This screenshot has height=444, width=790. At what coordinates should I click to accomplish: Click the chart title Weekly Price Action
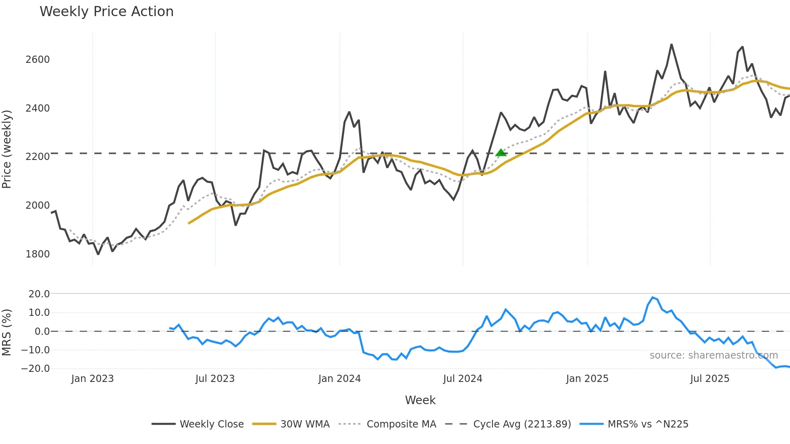(x=106, y=12)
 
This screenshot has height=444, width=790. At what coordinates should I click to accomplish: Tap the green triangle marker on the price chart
(x=501, y=153)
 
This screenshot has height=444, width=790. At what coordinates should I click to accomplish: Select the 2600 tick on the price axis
(x=37, y=60)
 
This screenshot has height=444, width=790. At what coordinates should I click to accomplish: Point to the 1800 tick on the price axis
(x=37, y=254)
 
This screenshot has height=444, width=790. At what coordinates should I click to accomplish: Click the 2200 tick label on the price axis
(x=37, y=157)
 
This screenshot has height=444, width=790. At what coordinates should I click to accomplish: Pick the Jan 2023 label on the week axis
(x=92, y=379)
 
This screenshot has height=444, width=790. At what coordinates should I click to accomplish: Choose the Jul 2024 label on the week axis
(x=462, y=379)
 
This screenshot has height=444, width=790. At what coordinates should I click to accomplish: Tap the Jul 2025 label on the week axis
(x=709, y=379)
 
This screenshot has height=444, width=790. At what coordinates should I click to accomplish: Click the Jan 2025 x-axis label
(x=587, y=379)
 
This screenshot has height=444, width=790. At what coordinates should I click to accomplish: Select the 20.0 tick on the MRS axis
(x=39, y=294)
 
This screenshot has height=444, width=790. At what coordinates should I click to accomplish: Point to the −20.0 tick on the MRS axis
(x=35, y=369)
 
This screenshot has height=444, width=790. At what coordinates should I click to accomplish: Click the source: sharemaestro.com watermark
(x=713, y=355)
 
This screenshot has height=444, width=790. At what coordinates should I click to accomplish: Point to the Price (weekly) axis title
(x=7, y=149)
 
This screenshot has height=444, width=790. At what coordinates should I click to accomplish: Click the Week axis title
(x=420, y=400)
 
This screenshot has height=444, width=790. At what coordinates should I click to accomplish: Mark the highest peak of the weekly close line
(x=671, y=45)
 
